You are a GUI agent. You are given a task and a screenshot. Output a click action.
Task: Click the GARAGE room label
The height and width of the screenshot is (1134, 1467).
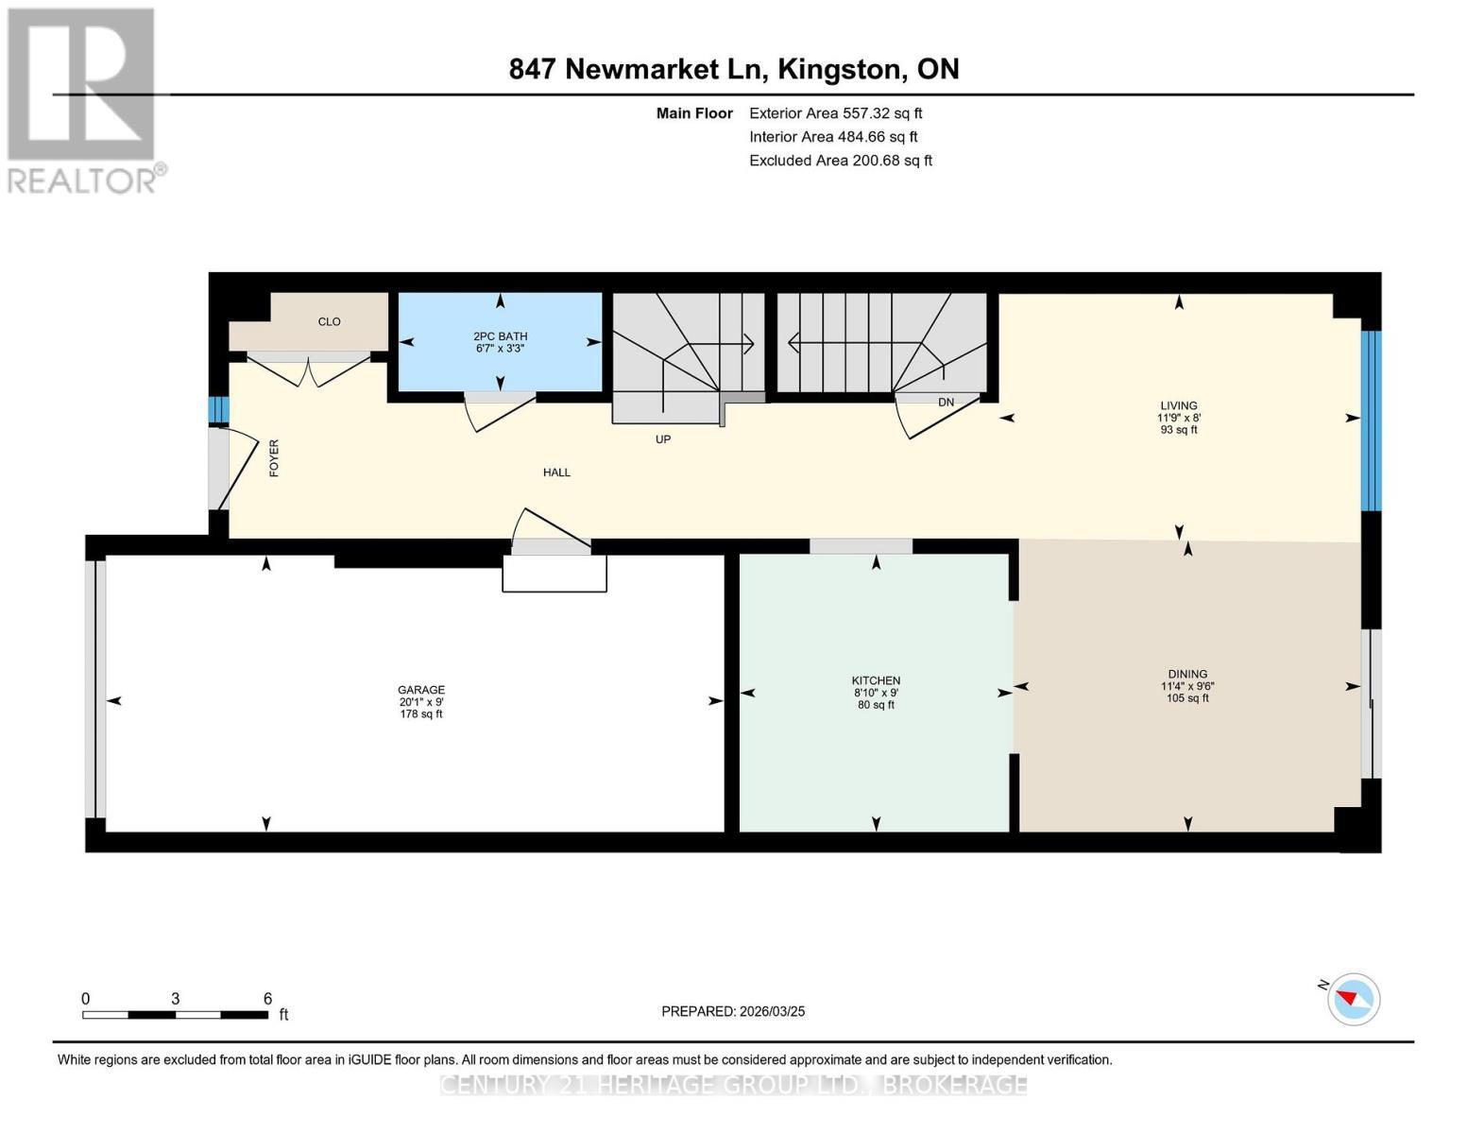coord(420,690)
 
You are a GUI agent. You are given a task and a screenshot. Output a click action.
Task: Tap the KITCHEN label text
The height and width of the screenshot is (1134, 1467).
coord(876,680)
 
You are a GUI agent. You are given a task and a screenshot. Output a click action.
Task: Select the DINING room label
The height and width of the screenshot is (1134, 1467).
coord(1187,674)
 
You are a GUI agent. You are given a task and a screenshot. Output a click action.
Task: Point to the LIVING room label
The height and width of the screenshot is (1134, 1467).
coord(1179,405)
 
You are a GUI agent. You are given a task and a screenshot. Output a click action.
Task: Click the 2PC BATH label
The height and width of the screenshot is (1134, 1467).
coord(501,336)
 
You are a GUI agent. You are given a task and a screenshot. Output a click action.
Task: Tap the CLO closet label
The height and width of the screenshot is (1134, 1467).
coord(330,321)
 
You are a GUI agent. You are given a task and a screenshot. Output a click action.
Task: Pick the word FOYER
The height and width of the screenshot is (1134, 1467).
coord(274,458)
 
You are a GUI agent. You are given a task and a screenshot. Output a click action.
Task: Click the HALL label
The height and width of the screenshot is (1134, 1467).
coord(557,472)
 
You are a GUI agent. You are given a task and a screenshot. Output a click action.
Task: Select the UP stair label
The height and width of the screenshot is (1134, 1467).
coord(663,439)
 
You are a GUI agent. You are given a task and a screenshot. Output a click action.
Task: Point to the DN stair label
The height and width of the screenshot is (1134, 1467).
coord(946,402)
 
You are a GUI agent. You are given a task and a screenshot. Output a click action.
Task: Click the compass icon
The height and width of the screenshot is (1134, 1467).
coord(1353,1000)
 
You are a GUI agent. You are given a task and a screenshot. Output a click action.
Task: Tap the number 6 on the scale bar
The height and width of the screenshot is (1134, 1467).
coord(267,998)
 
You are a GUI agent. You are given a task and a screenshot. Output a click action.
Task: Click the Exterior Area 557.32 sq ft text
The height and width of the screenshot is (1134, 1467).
coord(836,113)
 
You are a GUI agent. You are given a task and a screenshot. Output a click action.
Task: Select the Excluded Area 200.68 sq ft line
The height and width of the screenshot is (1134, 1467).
coord(841,161)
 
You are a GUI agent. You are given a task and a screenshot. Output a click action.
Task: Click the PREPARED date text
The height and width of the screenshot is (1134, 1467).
coord(733,1012)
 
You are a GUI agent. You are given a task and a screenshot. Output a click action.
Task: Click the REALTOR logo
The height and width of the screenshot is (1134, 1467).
coord(85,101)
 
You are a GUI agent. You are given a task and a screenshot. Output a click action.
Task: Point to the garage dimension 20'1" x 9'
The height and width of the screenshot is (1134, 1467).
coord(420,702)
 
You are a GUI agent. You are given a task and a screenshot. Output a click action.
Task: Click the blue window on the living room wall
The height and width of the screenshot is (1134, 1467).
coord(1372,421)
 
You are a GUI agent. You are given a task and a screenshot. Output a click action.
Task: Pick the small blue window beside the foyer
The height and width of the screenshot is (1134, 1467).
coord(218,409)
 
